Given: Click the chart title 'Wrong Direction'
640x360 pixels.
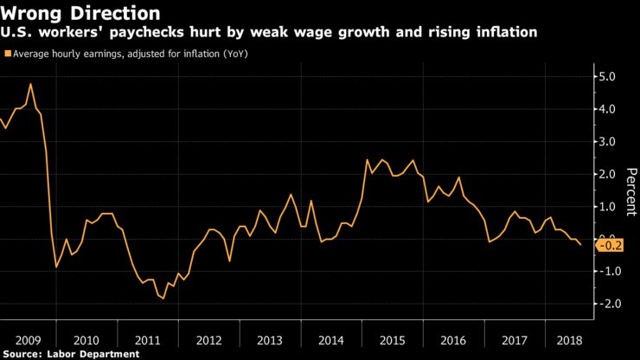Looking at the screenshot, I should point(80,13).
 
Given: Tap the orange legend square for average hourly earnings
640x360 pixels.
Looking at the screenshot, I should point(8,54).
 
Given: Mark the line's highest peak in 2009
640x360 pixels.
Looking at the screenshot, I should point(31,84).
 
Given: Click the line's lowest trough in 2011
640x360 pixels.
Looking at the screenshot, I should point(163,298).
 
